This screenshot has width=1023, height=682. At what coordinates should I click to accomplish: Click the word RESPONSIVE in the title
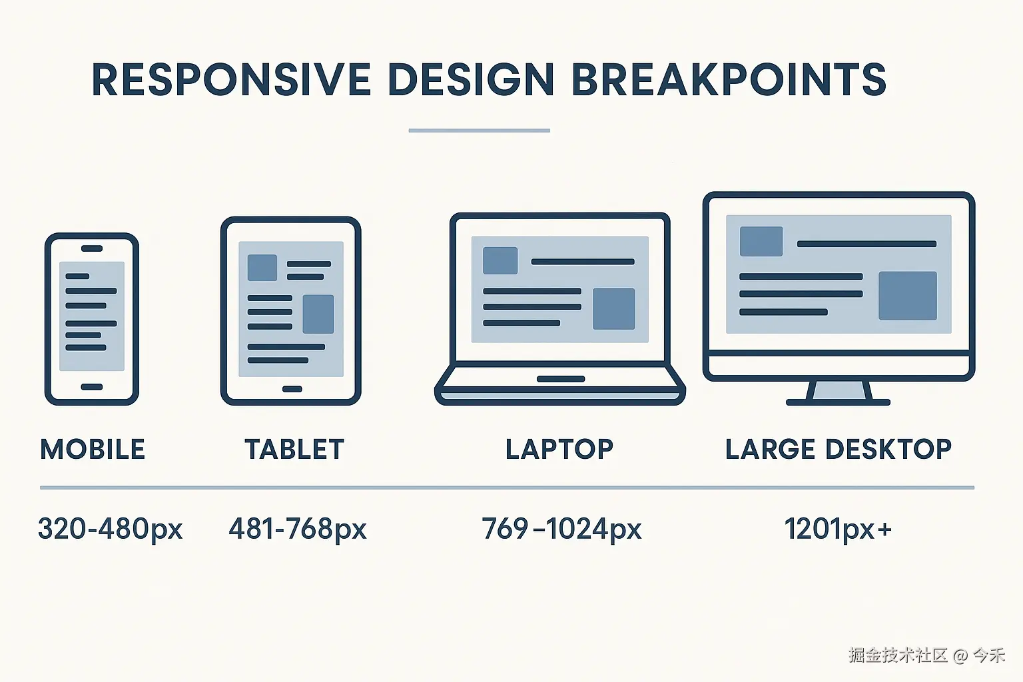231,79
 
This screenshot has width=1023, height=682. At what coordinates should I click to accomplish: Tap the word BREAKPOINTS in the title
729,79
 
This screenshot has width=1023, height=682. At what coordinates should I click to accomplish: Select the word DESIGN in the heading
471,79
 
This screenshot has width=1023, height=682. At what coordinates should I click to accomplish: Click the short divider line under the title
479,131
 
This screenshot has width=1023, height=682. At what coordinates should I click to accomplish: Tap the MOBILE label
93,449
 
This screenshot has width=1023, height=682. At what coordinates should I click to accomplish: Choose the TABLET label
294,449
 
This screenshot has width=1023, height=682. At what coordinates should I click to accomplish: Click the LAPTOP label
559,449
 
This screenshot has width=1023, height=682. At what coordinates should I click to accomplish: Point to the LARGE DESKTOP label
839,449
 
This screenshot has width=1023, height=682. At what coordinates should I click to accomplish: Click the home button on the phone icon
92,387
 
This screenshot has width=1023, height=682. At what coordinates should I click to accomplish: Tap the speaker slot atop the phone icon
92,248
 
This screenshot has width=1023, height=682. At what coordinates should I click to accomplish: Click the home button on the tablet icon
292,389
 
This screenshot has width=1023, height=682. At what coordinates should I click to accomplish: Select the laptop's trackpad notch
561,379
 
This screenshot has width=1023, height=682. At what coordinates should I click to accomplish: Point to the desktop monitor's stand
838,394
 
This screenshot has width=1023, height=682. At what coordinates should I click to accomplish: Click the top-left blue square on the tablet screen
262,268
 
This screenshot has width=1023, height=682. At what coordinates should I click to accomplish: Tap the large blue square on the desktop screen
908,296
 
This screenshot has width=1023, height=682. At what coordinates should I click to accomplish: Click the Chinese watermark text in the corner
927,655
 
